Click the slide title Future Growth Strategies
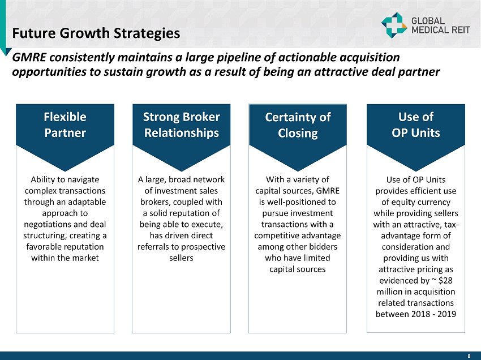tap(96, 33)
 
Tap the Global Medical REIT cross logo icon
tap(394, 25)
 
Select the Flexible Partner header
tap(65, 125)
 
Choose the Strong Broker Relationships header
tap(181, 125)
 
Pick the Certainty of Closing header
tap(298, 125)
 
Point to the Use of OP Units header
tap(416, 125)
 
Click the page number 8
tap(469, 356)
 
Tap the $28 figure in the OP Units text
tap(445, 281)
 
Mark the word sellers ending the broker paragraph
tap(181, 258)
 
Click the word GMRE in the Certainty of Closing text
tap(328, 191)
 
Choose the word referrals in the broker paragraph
tap(153, 247)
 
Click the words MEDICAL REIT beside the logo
tap(440, 30)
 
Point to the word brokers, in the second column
tap(156, 202)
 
